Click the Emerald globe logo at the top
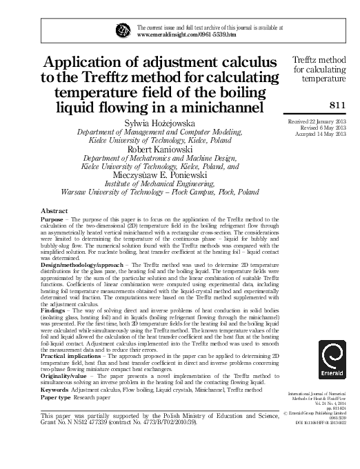[x=123, y=30]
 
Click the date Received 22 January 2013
[x=317, y=121]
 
